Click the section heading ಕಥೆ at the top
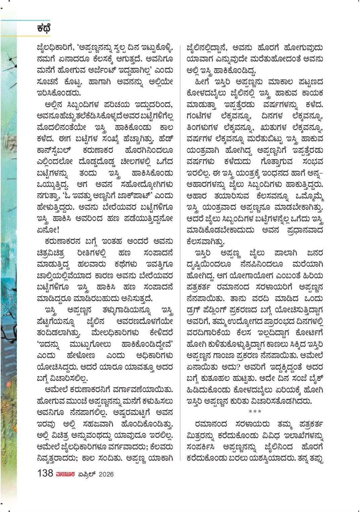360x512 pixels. click(x=44, y=29)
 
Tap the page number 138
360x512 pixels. click(x=45, y=473)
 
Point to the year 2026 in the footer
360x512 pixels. click(x=106, y=474)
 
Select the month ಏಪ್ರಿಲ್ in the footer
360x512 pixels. click(x=86, y=474)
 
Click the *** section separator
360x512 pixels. click(x=255, y=412)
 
